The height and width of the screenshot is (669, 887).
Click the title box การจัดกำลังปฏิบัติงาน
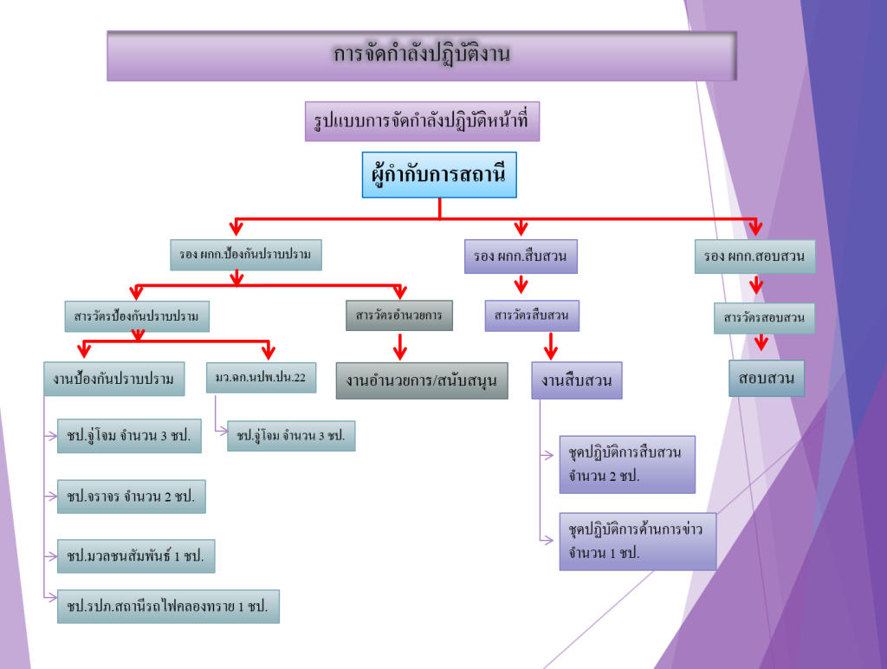click(422, 56)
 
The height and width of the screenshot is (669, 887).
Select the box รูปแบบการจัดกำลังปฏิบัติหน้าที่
click(422, 121)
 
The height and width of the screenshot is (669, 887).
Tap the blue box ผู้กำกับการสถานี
click(438, 175)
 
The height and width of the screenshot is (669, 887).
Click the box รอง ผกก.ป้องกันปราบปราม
click(245, 255)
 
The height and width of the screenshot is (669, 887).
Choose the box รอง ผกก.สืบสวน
click(520, 257)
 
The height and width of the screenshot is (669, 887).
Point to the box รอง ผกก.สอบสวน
click(754, 257)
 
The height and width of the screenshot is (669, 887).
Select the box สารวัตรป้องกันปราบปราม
click(137, 316)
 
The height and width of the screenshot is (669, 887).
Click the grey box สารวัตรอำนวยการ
click(398, 315)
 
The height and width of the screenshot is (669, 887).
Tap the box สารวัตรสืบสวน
click(531, 315)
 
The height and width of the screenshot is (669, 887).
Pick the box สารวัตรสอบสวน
click(764, 318)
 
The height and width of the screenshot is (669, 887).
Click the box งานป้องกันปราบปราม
click(113, 379)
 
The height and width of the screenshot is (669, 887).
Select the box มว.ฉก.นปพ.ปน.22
click(261, 378)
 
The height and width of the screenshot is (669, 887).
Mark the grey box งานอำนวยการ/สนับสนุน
click(421, 380)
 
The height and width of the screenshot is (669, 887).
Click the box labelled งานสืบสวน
click(576, 380)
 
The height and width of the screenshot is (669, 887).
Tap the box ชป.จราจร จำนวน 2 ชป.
click(131, 497)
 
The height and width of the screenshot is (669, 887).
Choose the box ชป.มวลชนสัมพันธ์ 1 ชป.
click(135, 556)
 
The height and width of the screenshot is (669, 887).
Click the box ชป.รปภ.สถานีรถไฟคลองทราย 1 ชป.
click(168, 607)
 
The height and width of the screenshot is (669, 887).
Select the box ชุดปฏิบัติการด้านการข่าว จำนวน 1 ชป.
click(638, 541)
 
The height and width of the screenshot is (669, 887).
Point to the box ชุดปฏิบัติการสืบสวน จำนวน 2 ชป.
click(627, 464)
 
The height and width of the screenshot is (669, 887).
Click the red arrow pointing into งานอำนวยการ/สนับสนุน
click(400, 348)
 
